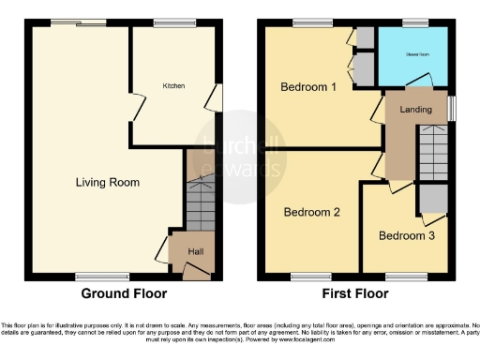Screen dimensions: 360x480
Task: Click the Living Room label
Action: pyautogui.click(x=108, y=182)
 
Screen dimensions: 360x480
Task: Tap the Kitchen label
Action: pyautogui.click(x=174, y=85)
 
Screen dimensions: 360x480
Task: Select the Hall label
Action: pyautogui.click(x=195, y=250)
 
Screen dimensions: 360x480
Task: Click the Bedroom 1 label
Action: pyautogui.click(x=308, y=87)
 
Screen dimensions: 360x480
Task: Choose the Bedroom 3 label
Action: pyautogui.click(x=406, y=235)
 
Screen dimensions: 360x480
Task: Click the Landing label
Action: pyautogui.click(x=415, y=110)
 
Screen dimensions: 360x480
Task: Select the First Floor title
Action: pyautogui.click(x=354, y=293)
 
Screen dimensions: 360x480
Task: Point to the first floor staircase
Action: pyautogui.click(x=432, y=155)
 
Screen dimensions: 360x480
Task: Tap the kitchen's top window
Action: pyautogui.click(x=169, y=22)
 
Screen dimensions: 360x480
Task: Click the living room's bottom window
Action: pyautogui.click(x=91, y=276)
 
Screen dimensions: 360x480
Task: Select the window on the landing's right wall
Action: pyautogui.click(x=451, y=109)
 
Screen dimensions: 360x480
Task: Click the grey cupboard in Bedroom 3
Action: pyautogui.click(x=432, y=199)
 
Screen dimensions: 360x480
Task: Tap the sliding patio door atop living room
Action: pyautogui.click(x=79, y=22)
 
